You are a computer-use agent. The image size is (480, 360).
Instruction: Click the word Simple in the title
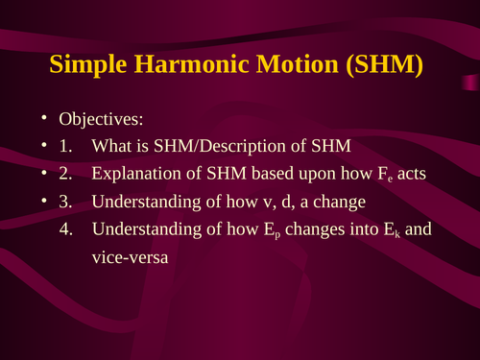pos(93,67)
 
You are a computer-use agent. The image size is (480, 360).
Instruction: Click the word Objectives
pos(100,120)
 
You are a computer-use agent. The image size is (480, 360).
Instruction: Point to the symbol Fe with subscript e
pos(387,176)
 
